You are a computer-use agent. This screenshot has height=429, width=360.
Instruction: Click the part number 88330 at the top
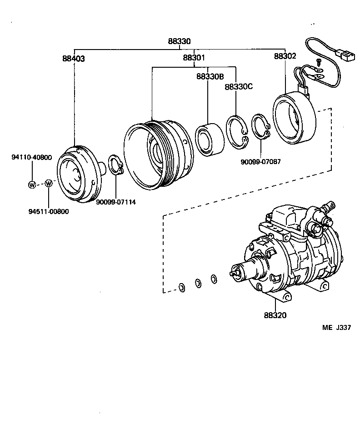pyautogui.click(x=179, y=41)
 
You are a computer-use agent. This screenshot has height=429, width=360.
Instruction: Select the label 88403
pyautogui.click(x=74, y=58)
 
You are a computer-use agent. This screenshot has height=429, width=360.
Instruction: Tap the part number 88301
pyautogui.click(x=194, y=58)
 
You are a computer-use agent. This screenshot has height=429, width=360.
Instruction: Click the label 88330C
pyautogui.click(x=238, y=86)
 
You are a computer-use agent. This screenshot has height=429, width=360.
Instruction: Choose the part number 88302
pyautogui.click(x=285, y=56)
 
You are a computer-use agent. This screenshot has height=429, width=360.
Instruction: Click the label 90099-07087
pyautogui.click(x=261, y=161)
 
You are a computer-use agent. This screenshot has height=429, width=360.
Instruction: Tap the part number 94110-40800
pyautogui.click(x=31, y=158)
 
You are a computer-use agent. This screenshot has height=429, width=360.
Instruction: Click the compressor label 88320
pyautogui.click(x=275, y=315)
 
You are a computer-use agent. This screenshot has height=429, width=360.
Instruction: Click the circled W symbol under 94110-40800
pyautogui.click(x=32, y=184)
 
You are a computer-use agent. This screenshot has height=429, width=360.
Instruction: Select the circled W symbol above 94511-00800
pyautogui.click(x=49, y=184)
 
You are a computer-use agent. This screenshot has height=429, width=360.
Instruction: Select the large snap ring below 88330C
pyautogui.click(x=237, y=131)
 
